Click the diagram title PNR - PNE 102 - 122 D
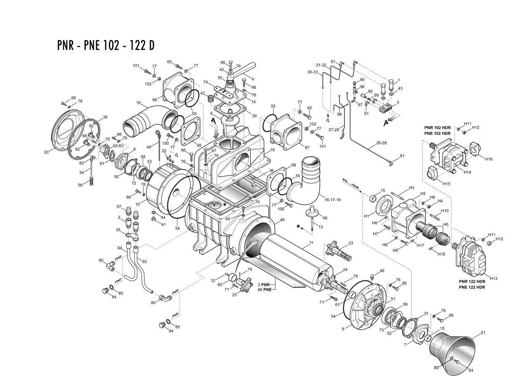(106, 45)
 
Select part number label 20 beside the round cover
(46, 152)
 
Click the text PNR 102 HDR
(437, 128)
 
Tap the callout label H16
(488, 159)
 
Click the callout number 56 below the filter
(81, 185)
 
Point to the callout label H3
(411, 188)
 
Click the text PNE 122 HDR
(472, 287)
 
